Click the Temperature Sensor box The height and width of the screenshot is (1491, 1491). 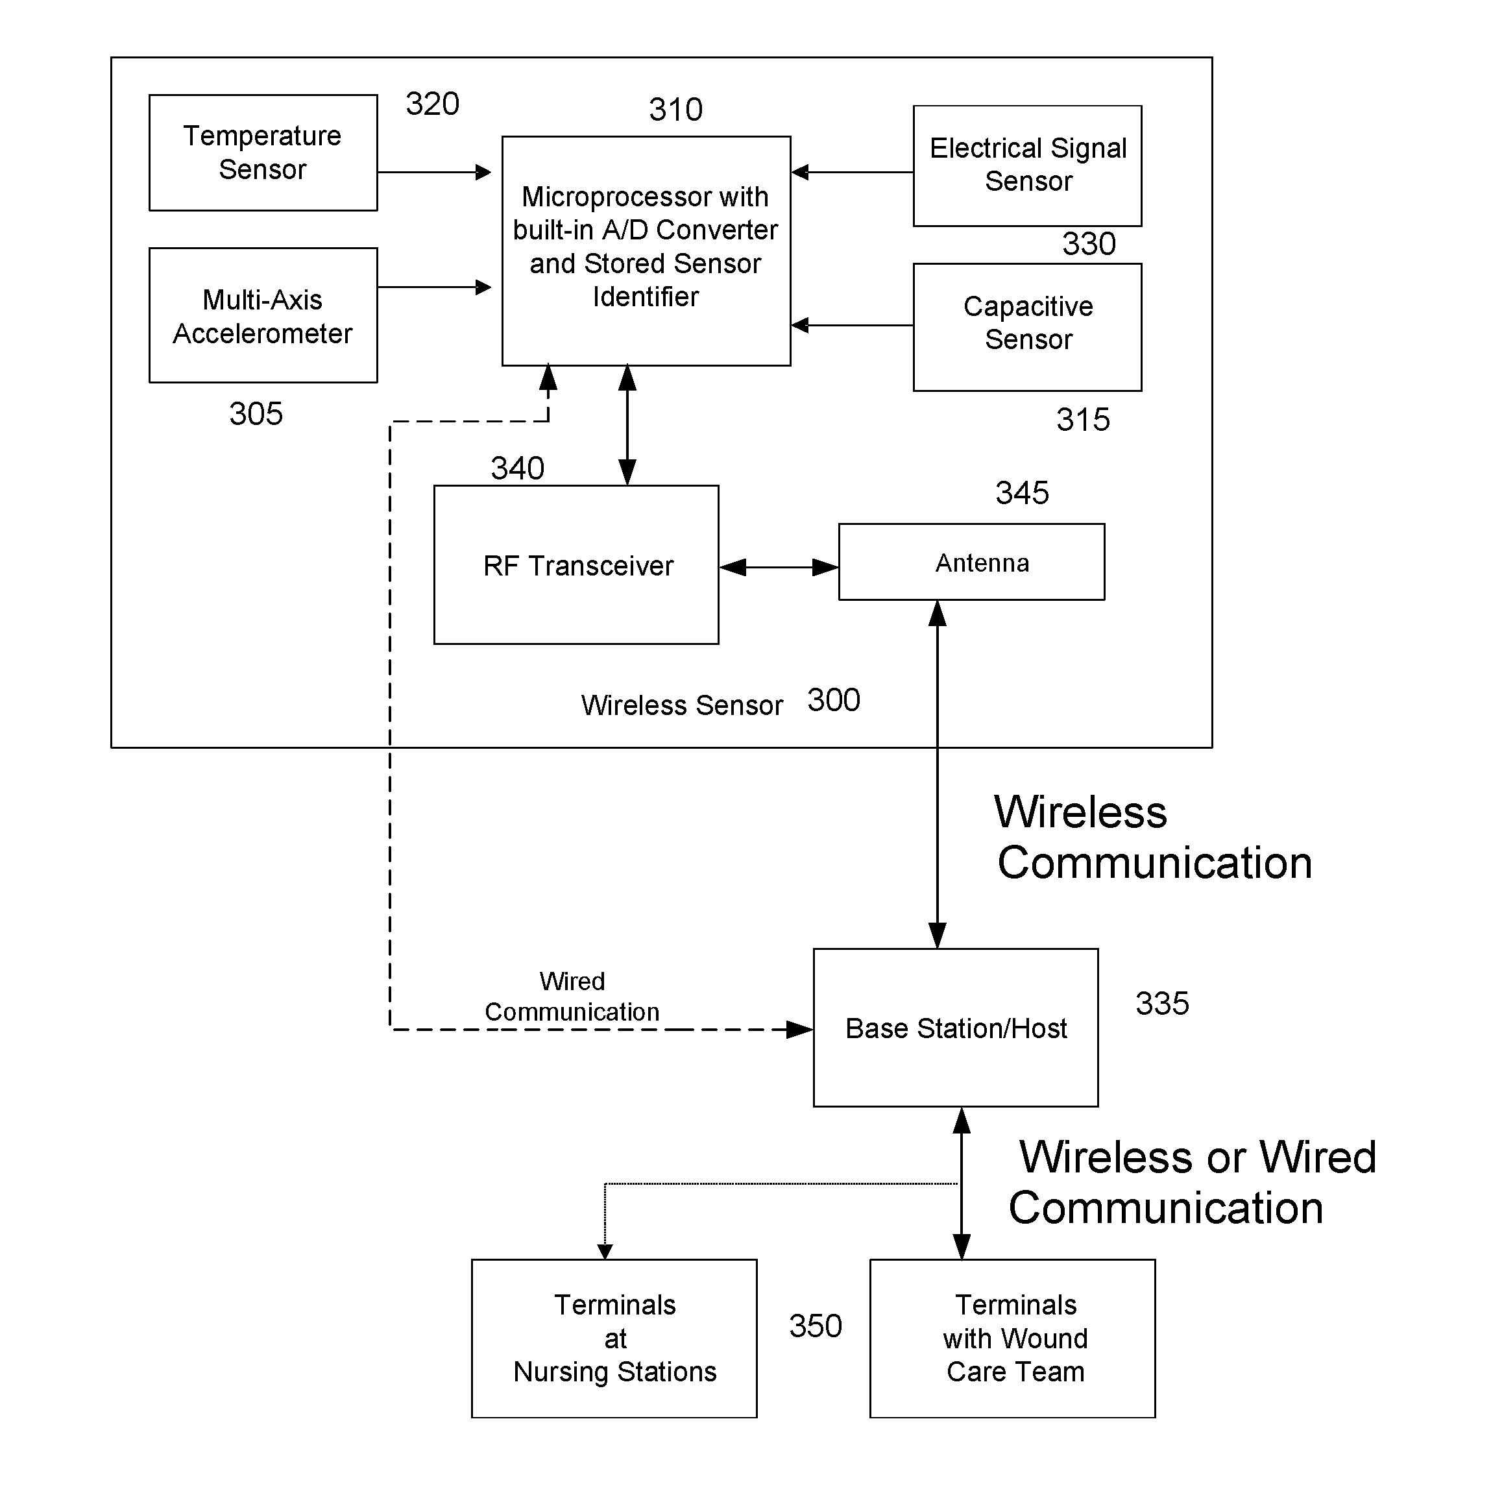[263, 153]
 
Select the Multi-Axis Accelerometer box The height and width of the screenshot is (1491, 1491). [263, 315]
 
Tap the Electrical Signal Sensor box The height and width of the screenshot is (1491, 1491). [1027, 166]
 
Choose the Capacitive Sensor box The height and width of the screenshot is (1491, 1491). [1027, 327]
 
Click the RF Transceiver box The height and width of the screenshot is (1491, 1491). [577, 565]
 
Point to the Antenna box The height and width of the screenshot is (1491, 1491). [972, 562]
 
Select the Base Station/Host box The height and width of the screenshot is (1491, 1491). [956, 1028]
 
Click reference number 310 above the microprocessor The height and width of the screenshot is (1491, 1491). [675, 110]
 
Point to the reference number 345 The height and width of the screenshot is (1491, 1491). [1022, 493]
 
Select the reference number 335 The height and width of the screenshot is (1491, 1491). [1162, 1004]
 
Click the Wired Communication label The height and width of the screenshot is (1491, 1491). [572, 997]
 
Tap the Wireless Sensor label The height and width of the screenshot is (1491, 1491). [681, 705]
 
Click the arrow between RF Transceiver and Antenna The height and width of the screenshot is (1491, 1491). [779, 568]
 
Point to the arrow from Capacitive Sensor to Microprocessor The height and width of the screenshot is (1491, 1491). [852, 326]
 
